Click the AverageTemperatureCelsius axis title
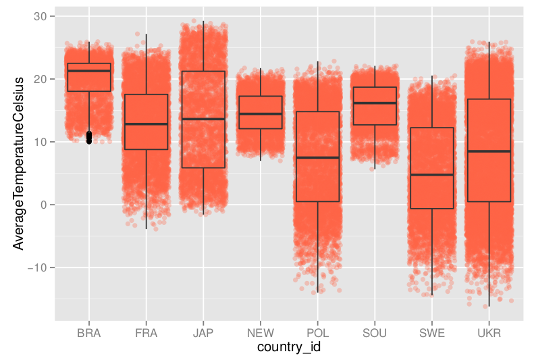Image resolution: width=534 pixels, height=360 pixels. click(19, 162)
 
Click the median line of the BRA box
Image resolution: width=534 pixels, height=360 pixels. click(89, 71)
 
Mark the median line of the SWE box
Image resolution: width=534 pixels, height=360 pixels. click(431, 175)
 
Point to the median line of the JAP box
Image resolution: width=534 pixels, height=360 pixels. click(203, 119)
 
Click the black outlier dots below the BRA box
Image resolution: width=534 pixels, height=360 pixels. click(89, 138)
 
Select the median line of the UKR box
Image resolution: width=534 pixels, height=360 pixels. click(489, 151)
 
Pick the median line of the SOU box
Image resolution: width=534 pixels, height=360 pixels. click(375, 103)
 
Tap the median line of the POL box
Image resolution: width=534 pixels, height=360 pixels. click(317, 157)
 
